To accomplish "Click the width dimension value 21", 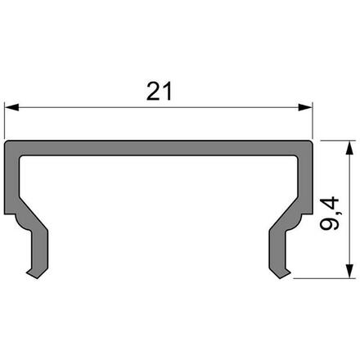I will click(160, 92).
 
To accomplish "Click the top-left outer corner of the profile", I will click(7, 142).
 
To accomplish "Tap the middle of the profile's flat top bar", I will click(160, 148).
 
